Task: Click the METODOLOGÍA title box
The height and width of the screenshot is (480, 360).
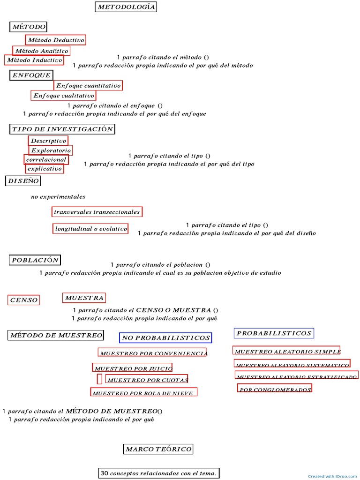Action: (126, 7)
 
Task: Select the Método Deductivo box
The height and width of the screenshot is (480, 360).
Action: (56, 40)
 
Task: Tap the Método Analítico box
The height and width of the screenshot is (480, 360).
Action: (41, 51)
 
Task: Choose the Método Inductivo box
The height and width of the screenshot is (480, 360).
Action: (34, 60)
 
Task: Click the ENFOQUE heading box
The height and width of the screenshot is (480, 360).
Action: (31, 75)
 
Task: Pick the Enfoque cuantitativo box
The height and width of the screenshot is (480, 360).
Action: (88, 85)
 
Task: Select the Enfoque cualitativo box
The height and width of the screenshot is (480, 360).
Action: (64, 96)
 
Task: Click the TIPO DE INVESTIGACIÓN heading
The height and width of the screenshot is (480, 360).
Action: (62, 129)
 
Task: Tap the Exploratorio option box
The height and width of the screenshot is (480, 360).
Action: (51, 150)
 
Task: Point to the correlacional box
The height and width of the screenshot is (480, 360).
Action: (46, 159)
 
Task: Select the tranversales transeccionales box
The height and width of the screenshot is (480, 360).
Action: (97, 212)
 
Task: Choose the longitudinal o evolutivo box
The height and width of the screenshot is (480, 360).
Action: (90, 229)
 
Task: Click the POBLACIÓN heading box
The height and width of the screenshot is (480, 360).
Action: (35, 260)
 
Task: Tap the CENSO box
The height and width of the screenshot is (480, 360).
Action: (23, 300)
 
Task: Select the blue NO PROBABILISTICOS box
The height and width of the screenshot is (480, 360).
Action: (165, 337)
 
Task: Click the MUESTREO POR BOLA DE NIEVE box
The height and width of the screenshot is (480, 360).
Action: (143, 393)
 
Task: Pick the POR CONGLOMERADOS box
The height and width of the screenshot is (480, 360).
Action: (275, 389)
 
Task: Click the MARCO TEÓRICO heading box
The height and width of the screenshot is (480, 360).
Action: (158, 449)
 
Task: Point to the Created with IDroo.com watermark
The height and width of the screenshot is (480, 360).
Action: (333, 476)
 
